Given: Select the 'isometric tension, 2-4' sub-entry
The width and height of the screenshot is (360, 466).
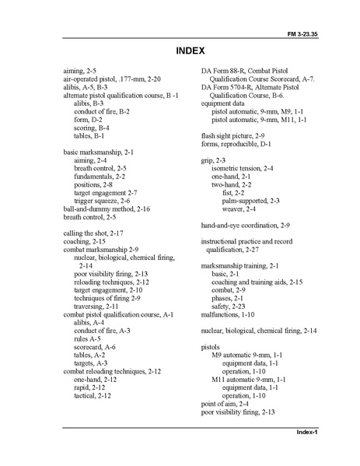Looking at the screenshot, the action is pyautogui.click(x=243, y=167).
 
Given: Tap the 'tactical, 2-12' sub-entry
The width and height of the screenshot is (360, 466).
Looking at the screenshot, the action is pyautogui.click(x=93, y=395).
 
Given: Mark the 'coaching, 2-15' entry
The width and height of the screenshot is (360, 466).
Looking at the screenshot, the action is pyautogui.click(x=84, y=241).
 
